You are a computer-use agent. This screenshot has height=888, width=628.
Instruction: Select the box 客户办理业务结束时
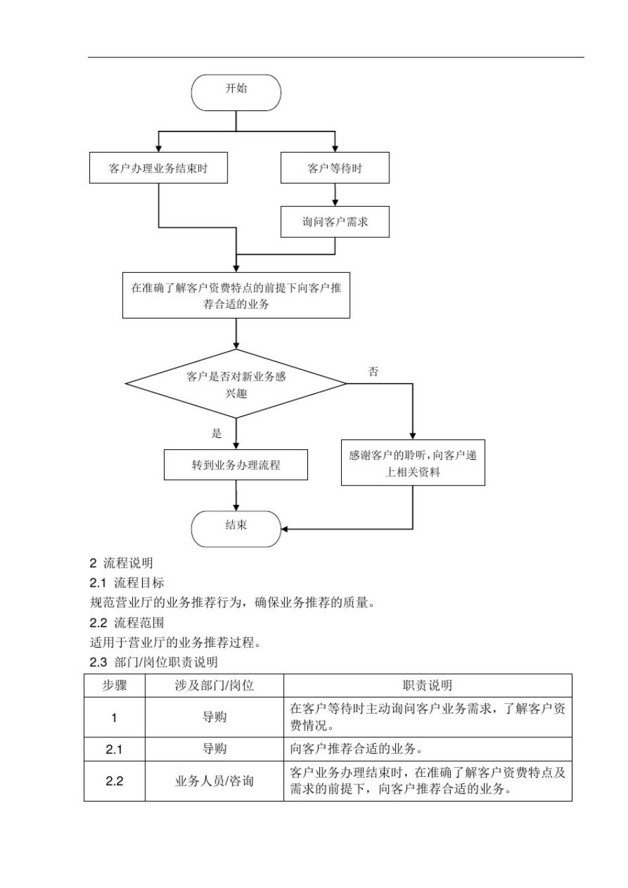click(x=159, y=168)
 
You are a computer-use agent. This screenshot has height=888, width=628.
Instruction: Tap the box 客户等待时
click(x=334, y=168)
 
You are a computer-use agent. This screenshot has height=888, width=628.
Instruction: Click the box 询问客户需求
click(x=334, y=222)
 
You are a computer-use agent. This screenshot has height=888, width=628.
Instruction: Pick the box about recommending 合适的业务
click(x=236, y=295)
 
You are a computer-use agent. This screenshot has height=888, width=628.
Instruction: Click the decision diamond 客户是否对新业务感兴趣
click(x=236, y=384)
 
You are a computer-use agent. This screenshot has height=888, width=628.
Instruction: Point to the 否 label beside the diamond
click(x=373, y=372)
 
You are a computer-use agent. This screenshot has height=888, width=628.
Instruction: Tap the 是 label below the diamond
click(x=217, y=433)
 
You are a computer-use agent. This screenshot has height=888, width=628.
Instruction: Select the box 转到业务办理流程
click(x=236, y=464)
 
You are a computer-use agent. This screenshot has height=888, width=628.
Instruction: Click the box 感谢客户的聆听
click(x=412, y=463)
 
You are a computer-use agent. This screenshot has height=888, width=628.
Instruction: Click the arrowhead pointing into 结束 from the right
click(x=285, y=529)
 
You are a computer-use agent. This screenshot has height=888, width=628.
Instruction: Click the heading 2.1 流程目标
click(x=127, y=583)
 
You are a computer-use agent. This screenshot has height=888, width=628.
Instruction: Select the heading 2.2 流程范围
click(x=127, y=622)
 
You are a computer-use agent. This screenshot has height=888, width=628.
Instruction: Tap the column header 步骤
click(x=114, y=686)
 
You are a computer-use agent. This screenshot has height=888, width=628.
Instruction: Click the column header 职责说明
click(x=427, y=686)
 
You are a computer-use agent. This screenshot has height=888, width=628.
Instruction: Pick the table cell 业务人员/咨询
click(x=214, y=781)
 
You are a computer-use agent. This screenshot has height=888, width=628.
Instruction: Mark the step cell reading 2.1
click(x=114, y=749)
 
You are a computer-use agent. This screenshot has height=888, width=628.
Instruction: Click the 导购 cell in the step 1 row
click(x=214, y=718)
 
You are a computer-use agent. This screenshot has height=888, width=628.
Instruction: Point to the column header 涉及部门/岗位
click(x=214, y=686)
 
